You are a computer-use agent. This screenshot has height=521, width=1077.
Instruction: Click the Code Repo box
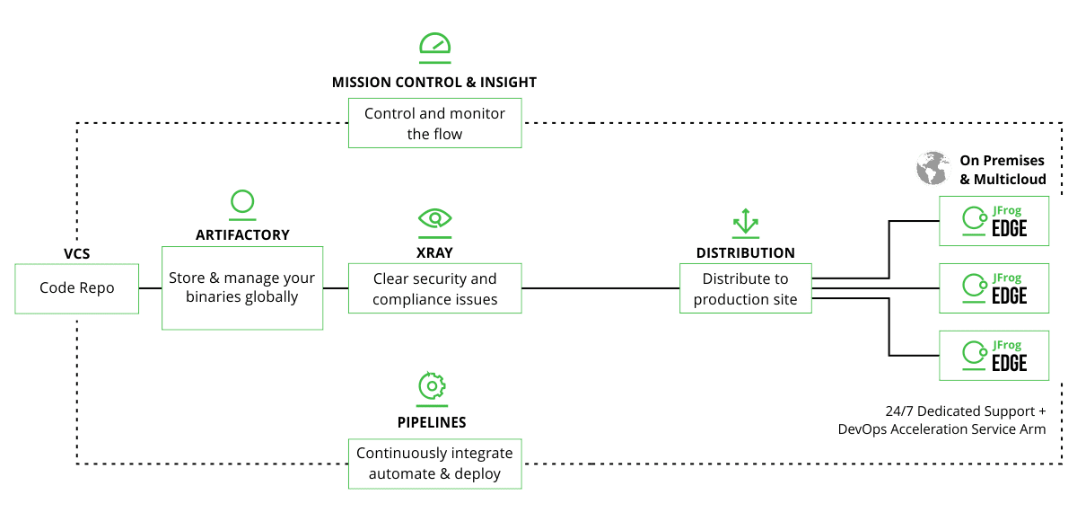click(x=77, y=288)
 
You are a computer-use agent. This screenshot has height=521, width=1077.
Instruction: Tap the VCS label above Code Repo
click(x=77, y=254)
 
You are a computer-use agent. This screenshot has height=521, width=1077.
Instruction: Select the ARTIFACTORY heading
click(x=242, y=234)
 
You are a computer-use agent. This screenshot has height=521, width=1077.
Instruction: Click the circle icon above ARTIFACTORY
click(x=242, y=202)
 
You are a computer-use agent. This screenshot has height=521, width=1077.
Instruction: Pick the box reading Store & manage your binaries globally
click(x=242, y=287)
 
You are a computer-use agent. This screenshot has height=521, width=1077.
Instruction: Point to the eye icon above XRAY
click(x=435, y=217)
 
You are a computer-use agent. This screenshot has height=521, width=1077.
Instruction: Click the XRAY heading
click(x=435, y=253)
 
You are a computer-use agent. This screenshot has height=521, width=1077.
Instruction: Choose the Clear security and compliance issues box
click(x=435, y=288)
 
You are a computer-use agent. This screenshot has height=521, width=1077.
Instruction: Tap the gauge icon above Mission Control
click(x=435, y=44)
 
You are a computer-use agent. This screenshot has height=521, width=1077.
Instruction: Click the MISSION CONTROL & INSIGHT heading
click(x=434, y=82)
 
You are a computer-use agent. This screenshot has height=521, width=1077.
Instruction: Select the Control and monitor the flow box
click(x=435, y=124)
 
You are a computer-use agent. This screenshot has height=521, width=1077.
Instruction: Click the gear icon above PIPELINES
click(x=433, y=385)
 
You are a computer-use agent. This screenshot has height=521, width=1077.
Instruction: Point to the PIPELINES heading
click(x=433, y=421)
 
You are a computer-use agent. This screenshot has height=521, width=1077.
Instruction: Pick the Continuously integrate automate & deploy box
click(x=435, y=464)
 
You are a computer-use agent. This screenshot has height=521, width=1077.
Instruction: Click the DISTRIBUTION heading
click(x=746, y=253)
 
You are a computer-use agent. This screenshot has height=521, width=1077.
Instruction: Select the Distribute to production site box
click(x=746, y=288)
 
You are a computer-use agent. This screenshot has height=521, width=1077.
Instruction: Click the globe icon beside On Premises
click(x=933, y=169)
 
